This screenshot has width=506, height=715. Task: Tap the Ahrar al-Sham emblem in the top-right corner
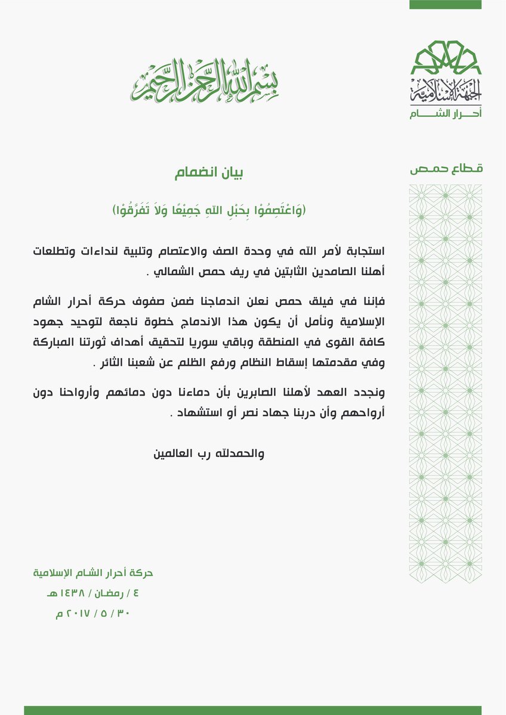coord(445,77)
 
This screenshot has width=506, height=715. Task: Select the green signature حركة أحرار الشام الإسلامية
coord(93,573)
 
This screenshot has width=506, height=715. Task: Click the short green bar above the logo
coord(445,5)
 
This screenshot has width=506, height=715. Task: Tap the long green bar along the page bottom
coord(252,710)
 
